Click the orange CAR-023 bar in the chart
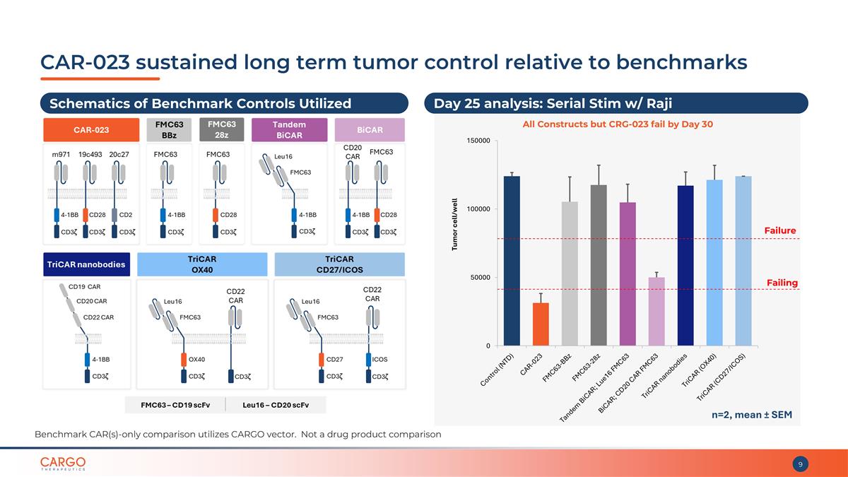(x=541, y=324)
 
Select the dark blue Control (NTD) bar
(x=512, y=261)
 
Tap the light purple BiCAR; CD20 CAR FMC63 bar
(x=656, y=312)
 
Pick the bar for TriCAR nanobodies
(x=685, y=266)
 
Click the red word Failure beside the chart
(x=780, y=230)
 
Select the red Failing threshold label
(x=782, y=283)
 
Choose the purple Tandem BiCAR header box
(x=288, y=130)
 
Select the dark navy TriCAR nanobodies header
(x=86, y=264)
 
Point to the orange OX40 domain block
(x=184, y=359)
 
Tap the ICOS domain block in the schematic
(x=374, y=359)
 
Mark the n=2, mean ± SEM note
(x=751, y=415)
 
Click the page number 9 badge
(x=800, y=464)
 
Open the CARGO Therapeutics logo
(x=63, y=464)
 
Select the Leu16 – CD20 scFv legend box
(x=276, y=405)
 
